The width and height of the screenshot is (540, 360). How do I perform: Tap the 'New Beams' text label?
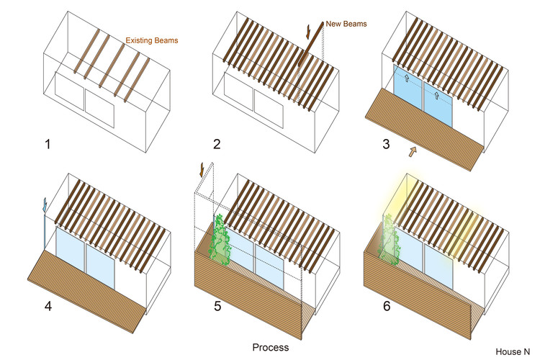[x=348, y=24]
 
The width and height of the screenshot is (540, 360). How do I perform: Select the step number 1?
[x=48, y=144]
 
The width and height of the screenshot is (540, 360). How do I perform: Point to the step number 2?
[x=217, y=144]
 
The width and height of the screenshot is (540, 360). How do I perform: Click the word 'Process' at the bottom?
[x=271, y=347]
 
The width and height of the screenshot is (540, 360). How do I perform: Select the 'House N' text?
[x=513, y=351]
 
